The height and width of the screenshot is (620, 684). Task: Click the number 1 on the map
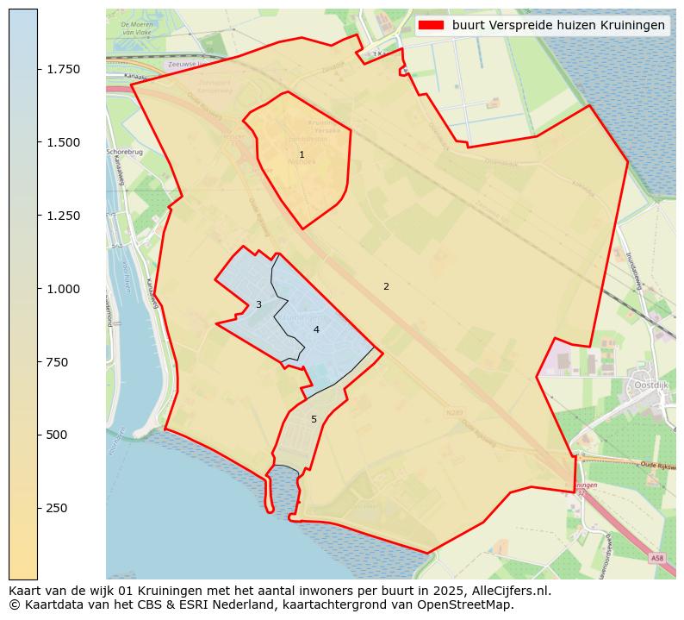pyautogui.click(x=302, y=155)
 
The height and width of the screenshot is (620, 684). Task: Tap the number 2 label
pyautogui.click(x=386, y=286)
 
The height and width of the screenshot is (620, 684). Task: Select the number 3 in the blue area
pyautogui.click(x=258, y=304)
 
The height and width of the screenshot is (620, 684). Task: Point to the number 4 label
pyautogui.click(x=316, y=329)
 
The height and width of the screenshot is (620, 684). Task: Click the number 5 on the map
pyautogui.click(x=314, y=419)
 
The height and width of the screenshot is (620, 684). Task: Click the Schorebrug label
pyautogui.click(x=124, y=152)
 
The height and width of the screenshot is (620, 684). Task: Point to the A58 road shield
pyautogui.click(x=657, y=558)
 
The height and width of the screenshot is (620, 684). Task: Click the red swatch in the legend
pyautogui.click(x=431, y=25)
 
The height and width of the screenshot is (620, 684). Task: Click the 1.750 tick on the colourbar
pyautogui.click(x=65, y=69)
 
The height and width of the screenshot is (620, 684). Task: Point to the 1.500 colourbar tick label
pyautogui.click(x=65, y=142)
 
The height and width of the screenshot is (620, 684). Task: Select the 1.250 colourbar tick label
pyautogui.click(x=65, y=216)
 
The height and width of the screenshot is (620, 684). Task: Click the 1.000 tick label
pyautogui.click(x=65, y=289)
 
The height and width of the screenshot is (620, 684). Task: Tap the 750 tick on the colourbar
pyautogui.click(x=57, y=362)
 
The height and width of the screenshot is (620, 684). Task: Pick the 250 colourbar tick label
pyautogui.click(x=57, y=508)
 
